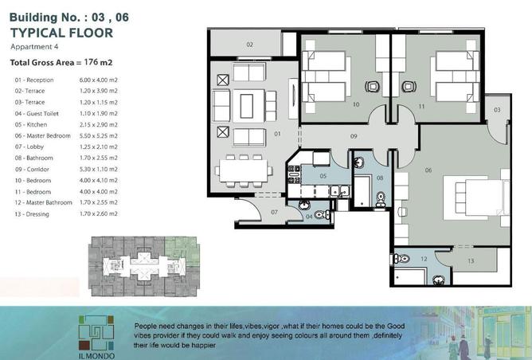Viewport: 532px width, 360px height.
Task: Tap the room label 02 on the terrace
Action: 249,44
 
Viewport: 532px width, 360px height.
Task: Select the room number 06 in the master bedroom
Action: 428,169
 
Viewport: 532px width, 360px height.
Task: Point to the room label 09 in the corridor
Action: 353,136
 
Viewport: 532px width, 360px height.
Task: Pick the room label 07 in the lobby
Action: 274,212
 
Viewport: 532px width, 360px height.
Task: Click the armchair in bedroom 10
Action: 372,86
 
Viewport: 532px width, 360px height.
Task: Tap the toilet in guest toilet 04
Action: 319,215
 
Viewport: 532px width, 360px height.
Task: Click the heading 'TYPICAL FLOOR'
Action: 61,33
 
